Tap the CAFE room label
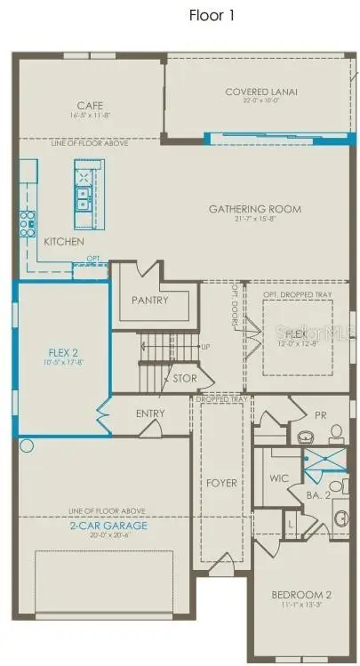pyautogui.click(x=91, y=105)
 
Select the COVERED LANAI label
pyautogui.click(x=260, y=92)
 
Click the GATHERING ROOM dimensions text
pyautogui.click(x=255, y=220)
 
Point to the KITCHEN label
pyautogui.click(x=64, y=242)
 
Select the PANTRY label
pyautogui.click(x=150, y=301)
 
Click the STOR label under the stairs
pyautogui.click(x=184, y=378)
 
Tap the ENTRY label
pyautogui.click(x=150, y=413)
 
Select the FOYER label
pyautogui.click(x=221, y=483)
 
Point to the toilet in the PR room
pyautogui.click(x=337, y=433)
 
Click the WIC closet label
pyautogui.click(x=279, y=478)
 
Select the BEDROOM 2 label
pyautogui.click(x=300, y=596)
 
